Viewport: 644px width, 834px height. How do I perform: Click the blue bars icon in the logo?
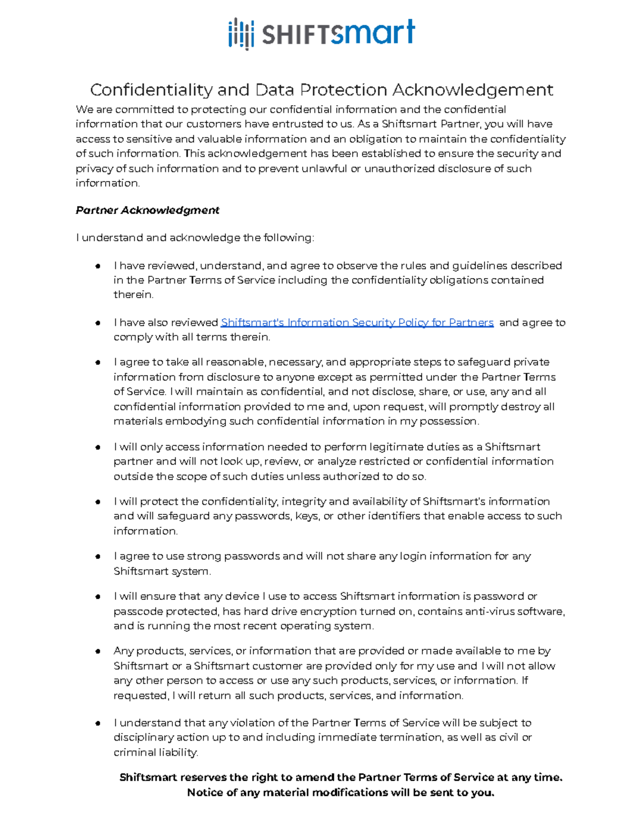(240, 34)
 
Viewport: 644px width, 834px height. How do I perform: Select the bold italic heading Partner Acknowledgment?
(148, 210)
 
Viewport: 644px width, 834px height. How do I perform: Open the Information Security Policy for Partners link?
(357, 323)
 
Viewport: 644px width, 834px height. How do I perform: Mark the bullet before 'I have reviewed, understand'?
(98, 266)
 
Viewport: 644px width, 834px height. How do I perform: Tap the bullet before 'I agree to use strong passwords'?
(98, 557)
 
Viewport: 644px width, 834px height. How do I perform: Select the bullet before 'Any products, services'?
(98, 651)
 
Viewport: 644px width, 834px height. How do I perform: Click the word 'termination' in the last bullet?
(410, 737)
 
